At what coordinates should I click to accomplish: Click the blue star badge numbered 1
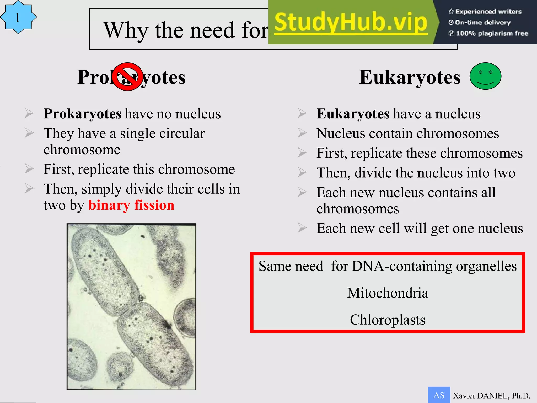click(x=18, y=17)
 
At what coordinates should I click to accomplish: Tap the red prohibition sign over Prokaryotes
click(x=128, y=77)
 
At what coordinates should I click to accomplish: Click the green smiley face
click(x=485, y=76)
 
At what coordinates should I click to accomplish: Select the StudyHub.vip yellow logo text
click(x=351, y=23)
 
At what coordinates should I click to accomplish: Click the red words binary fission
click(x=131, y=205)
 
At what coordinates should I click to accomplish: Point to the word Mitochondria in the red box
click(x=388, y=293)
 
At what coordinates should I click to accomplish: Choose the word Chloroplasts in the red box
click(x=388, y=320)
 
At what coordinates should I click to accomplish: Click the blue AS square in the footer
click(x=439, y=395)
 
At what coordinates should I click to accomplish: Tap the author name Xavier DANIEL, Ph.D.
click(x=491, y=396)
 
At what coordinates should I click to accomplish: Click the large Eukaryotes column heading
click(x=410, y=77)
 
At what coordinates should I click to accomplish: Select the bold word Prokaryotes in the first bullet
click(x=82, y=114)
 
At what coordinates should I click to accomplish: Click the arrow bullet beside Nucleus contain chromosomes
click(x=302, y=133)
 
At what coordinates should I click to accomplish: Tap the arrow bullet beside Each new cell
click(x=302, y=228)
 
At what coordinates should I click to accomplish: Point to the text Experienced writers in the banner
click(x=488, y=12)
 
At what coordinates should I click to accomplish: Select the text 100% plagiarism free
click(x=492, y=33)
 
